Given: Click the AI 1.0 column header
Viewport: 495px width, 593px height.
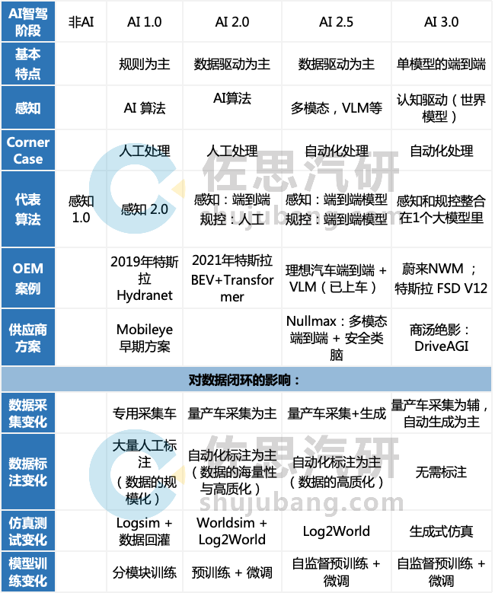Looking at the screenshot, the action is [144, 22].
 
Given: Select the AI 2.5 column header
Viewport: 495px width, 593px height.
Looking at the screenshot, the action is [336, 22].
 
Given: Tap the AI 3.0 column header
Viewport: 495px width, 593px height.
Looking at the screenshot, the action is [441, 22].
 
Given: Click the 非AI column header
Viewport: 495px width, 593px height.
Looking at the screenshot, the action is [81, 22].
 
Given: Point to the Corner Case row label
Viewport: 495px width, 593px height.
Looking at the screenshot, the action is [28, 151].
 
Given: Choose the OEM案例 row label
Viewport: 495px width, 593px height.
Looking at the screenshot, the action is [28, 278].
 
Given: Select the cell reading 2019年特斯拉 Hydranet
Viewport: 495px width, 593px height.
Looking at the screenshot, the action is [144, 278].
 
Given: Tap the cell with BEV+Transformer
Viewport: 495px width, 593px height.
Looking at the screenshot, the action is [232, 278].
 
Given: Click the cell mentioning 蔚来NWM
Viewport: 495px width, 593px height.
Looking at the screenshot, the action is [441, 278].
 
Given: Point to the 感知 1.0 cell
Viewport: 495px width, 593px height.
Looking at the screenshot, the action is [81, 209].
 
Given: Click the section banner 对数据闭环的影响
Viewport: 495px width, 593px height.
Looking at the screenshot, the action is [247, 378].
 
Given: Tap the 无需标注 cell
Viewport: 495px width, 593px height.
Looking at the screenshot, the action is [441, 472].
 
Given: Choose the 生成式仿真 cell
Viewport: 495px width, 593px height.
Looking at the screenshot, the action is [441, 531].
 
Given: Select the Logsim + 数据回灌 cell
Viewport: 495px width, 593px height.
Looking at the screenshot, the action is [144, 531].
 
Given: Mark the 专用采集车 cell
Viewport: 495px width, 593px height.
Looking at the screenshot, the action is [144, 413].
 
